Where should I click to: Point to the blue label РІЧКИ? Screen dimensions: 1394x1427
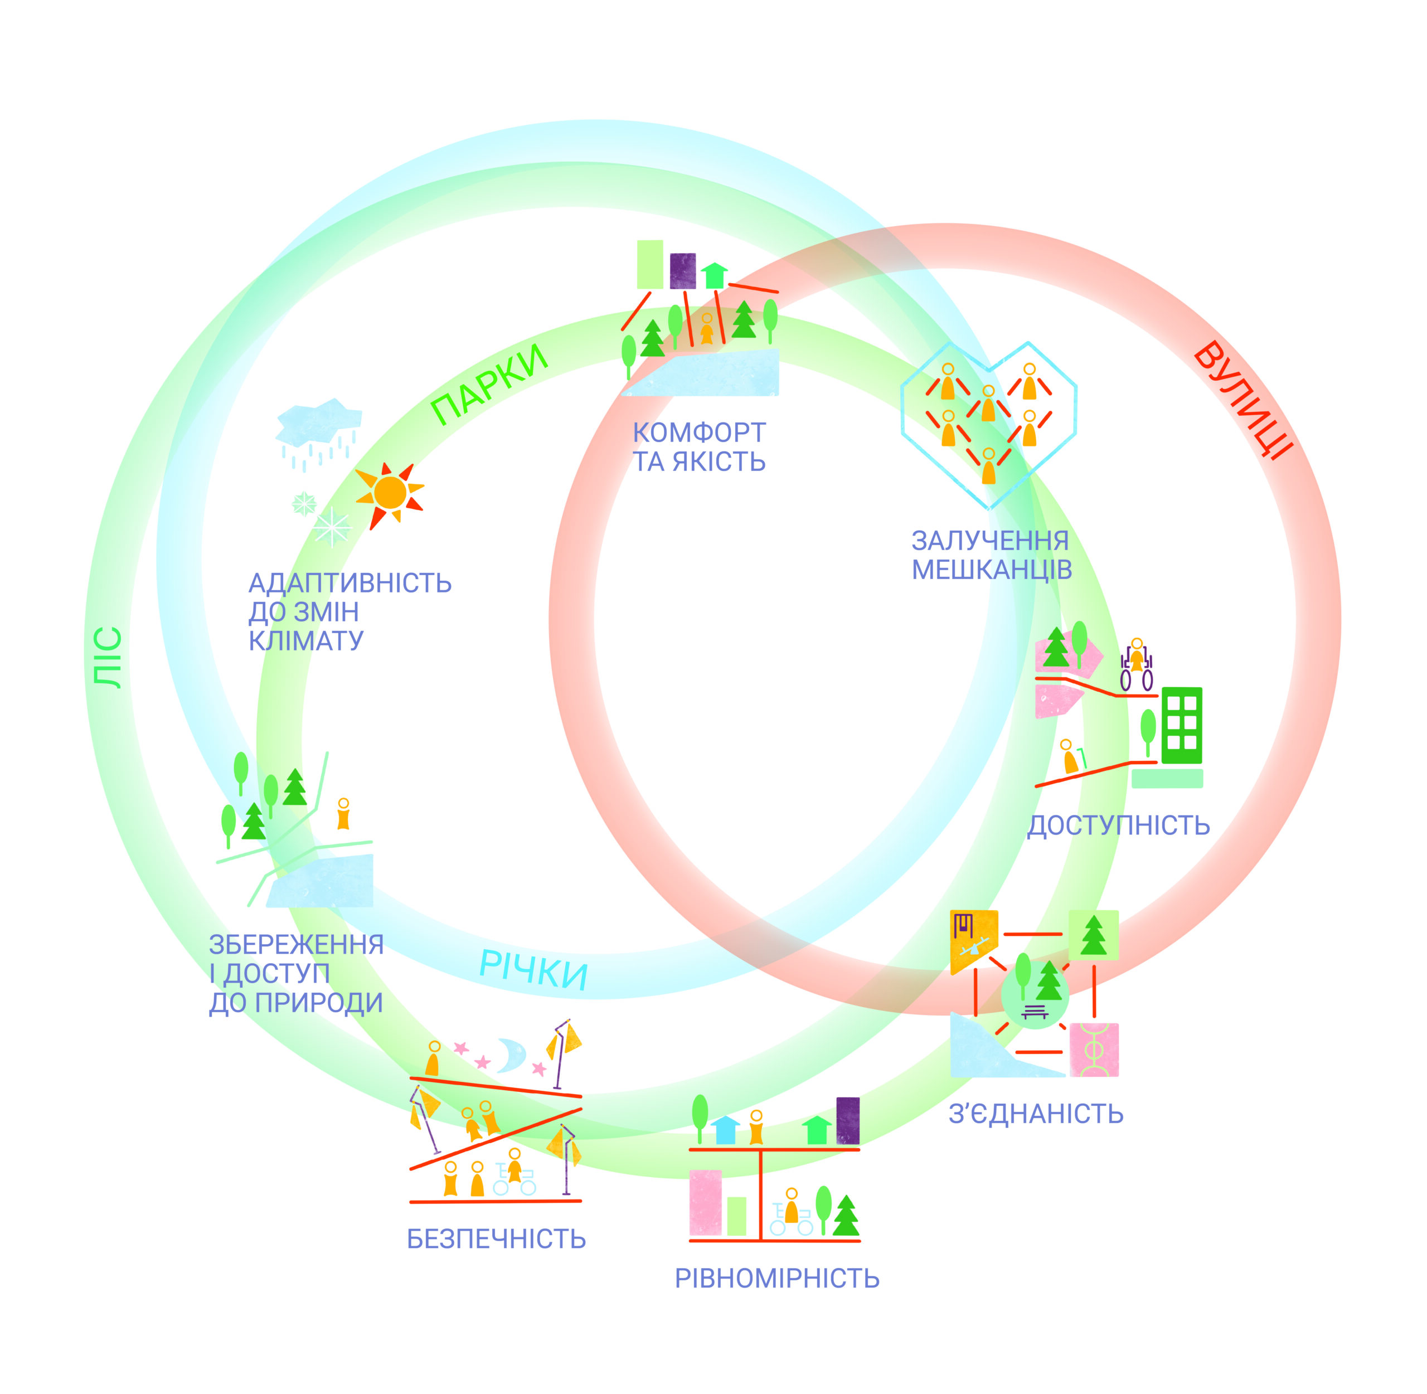coord(533,970)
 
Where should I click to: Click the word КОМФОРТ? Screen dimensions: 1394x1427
coord(699,433)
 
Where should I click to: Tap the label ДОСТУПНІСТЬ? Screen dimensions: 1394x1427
coord(1118,826)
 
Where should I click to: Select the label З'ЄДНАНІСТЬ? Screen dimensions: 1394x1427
coord(1035,1114)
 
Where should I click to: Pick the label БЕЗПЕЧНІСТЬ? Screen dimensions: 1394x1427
coord(497,1239)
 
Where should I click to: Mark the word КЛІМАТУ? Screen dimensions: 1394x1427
coord(306,640)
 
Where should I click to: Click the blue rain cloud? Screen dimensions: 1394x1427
coord(318,424)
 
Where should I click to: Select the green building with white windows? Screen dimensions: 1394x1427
coord(1182,724)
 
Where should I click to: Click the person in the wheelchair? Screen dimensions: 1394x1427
coord(1137,665)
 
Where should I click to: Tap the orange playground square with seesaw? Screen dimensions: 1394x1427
coord(973,939)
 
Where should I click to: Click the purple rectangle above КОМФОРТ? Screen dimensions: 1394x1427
coord(682,270)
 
